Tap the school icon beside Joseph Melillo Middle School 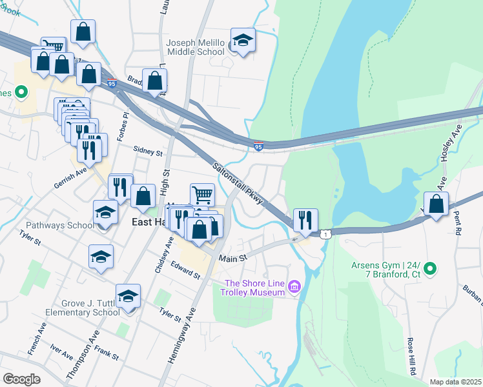(x=243, y=40)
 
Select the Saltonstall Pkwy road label (x=239, y=183)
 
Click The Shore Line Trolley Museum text (x=254, y=288)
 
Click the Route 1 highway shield (x=327, y=234)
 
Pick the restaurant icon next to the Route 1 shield (x=305, y=220)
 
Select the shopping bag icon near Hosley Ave (x=437, y=204)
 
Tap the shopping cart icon (x=202, y=195)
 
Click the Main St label (x=233, y=259)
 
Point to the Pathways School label (x=60, y=226)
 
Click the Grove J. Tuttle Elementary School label (x=82, y=308)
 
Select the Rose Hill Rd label (x=410, y=356)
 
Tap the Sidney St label (x=148, y=152)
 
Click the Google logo (x=21, y=379)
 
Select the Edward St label (x=185, y=270)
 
